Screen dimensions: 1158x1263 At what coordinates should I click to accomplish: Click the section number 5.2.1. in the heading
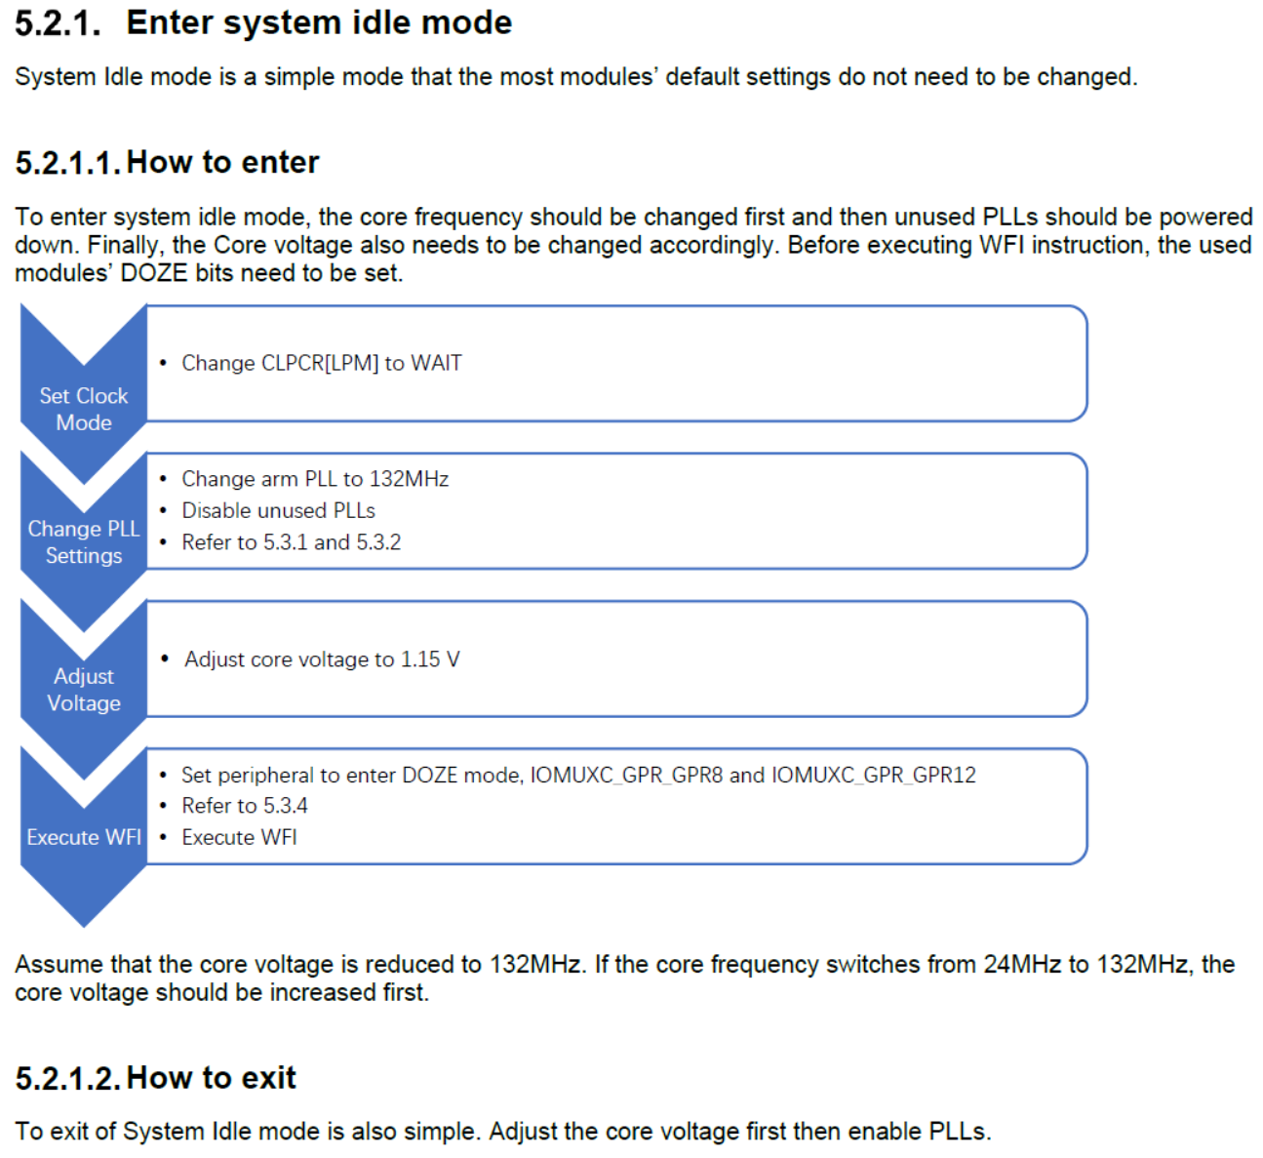pyautogui.click(x=58, y=23)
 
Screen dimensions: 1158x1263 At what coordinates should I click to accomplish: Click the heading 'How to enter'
pyautogui.click(x=222, y=162)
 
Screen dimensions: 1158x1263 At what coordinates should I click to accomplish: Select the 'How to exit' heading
pyautogui.click(x=211, y=1078)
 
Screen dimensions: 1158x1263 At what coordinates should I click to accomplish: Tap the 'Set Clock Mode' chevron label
pyautogui.click(x=84, y=409)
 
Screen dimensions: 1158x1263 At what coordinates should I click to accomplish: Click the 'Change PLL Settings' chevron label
pyautogui.click(x=84, y=541)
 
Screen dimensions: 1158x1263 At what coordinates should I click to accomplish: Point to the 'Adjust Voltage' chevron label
pyautogui.click(x=84, y=690)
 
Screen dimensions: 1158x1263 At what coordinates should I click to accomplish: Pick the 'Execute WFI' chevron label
pyautogui.click(x=84, y=837)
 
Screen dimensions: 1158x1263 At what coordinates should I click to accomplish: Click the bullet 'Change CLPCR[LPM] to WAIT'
pyautogui.click(x=321, y=363)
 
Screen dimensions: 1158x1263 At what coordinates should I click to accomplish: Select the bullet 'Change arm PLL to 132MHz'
pyautogui.click(x=314, y=479)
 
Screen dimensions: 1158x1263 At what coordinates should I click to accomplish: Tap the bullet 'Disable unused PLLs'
pyautogui.click(x=278, y=510)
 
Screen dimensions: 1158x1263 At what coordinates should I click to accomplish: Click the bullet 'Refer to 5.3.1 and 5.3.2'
pyautogui.click(x=291, y=542)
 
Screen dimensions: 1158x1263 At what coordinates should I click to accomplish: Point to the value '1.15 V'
pyautogui.click(x=430, y=659)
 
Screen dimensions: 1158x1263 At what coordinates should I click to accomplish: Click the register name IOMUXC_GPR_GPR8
pyautogui.click(x=626, y=776)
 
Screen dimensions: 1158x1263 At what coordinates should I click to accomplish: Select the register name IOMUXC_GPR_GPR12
pyautogui.click(x=873, y=776)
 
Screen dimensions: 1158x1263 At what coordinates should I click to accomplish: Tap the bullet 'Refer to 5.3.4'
pyautogui.click(x=244, y=806)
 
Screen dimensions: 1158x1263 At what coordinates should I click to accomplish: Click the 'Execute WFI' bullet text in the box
pyautogui.click(x=239, y=837)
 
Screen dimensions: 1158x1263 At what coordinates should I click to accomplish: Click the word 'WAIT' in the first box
pyautogui.click(x=436, y=363)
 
